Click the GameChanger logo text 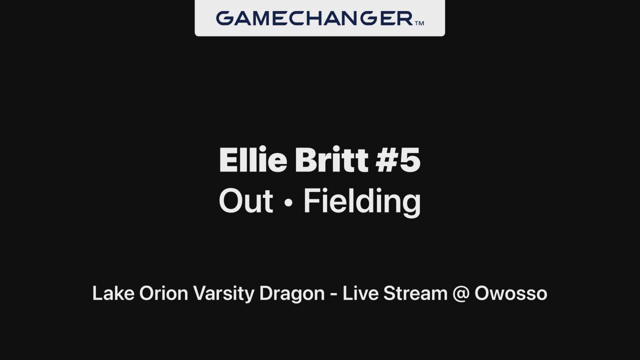click(314, 18)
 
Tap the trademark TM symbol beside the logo click(419, 23)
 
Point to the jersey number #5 click(398, 159)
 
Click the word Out click(246, 200)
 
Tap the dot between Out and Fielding click(289, 202)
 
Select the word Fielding click(362, 202)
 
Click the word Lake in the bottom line click(113, 293)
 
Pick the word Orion click(163, 293)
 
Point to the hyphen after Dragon click(333, 295)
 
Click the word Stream click(415, 293)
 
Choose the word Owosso click(511, 293)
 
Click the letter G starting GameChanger click(225, 18)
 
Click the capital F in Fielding click(311, 200)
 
